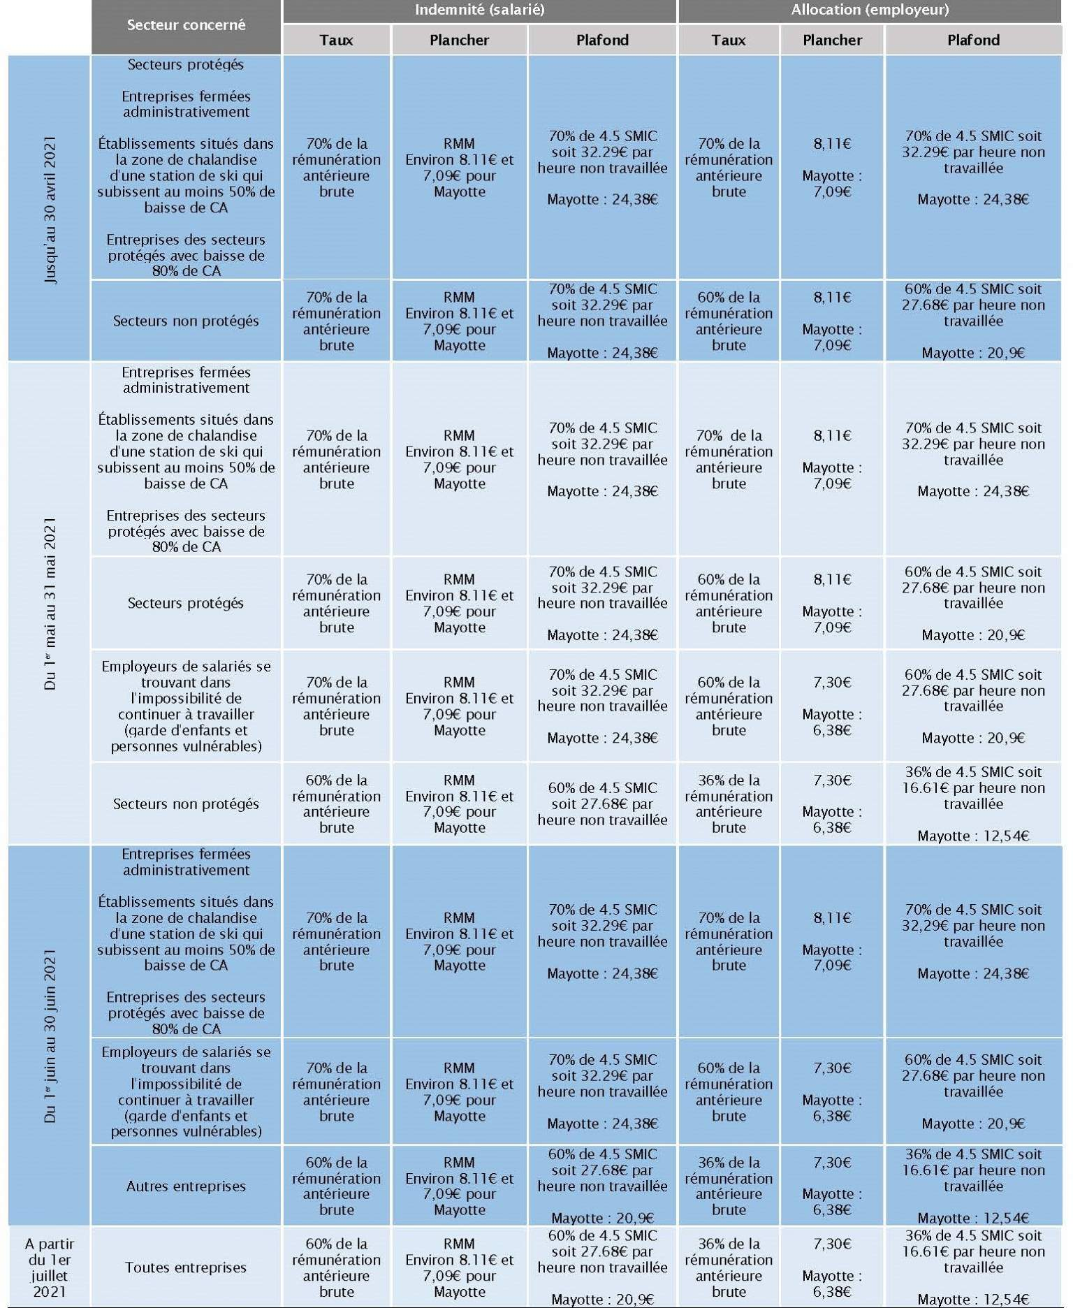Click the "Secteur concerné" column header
186,25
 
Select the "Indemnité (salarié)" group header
479,10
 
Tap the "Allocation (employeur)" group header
870,10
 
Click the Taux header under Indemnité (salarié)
336,40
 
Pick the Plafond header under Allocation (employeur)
973,40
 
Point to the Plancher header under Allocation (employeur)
832,40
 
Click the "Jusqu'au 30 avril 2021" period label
50,209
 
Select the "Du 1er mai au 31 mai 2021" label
50,603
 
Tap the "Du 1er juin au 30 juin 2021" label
50,1035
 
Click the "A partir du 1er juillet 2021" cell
50,1267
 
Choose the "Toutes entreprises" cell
186,1267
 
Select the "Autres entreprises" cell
186,1186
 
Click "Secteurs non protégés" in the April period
186,321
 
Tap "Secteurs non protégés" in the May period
186,804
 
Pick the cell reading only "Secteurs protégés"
186,603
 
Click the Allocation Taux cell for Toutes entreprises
729,1267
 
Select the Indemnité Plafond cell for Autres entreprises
602,1186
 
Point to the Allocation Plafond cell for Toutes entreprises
973,1267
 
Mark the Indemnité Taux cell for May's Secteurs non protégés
336,804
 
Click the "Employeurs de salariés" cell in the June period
186,1091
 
